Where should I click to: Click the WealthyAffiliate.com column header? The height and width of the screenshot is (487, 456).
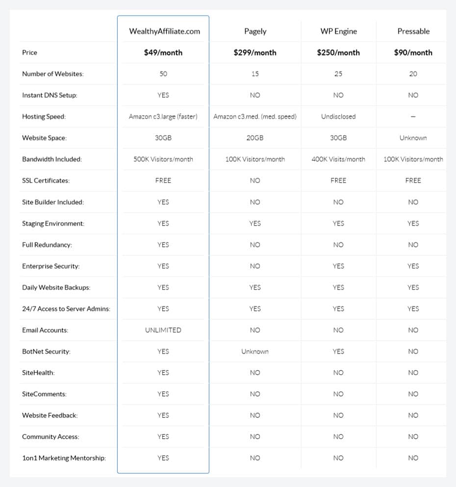point(164,31)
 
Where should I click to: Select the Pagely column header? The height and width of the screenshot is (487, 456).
point(255,31)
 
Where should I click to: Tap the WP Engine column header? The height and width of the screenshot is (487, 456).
point(338,31)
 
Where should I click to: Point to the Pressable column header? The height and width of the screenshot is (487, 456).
point(413,31)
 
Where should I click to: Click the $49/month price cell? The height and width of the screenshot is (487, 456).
point(163,52)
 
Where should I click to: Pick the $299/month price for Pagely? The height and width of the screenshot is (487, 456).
point(255,52)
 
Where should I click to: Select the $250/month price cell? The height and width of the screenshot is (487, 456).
point(338,52)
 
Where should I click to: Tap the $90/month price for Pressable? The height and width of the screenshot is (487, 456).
point(413,52)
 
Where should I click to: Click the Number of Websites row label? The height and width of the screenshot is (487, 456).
point(53,74)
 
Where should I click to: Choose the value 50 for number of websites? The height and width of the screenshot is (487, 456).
point(163,74)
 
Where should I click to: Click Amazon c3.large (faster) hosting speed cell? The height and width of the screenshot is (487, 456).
point(163,116)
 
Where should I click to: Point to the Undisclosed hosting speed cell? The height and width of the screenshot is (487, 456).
point(338,116)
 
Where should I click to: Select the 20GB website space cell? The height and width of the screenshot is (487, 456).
point(255,138)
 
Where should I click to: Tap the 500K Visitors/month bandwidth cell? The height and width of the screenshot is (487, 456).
point(163,159)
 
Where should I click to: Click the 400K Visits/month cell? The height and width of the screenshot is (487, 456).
point(338,159)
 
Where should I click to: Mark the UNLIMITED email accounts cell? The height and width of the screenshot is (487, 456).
point(163,330)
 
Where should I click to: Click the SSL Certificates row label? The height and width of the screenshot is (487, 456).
point(46,181)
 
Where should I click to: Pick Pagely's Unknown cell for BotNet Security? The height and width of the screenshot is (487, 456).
point(255,351)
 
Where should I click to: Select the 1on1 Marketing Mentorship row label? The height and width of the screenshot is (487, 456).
point(64,458)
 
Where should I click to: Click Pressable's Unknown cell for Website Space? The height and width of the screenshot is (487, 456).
point(413,138)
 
